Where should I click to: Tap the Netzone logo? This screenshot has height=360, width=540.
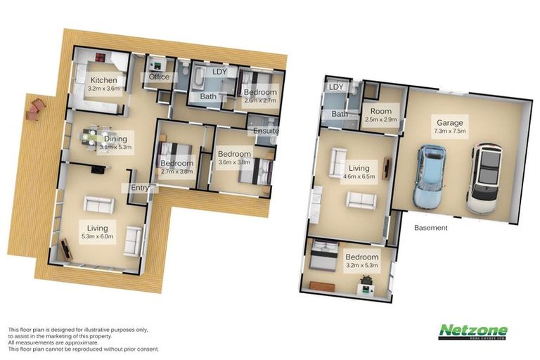pyautogui.click(x=473, y=332)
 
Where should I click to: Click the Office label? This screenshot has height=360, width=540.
pyautogui.click(x=159, y=77)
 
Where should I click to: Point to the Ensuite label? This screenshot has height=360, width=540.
pyautogui.click(x=266, y=131)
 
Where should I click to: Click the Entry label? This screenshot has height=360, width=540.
pyautogui.click(x=138, y=188)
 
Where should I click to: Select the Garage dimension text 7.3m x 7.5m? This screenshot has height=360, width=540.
pyautogui.click(x=451, y=131)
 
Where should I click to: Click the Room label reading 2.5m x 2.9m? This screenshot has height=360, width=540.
pyautogui.click(x=382, y=120)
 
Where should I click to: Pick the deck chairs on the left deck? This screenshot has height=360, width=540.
pyautogui.click(x=34, y=109)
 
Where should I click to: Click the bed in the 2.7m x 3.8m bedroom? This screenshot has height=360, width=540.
pyautogui.click(x=174, y=154)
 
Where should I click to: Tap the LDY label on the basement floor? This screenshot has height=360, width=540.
pyautogui.click(x=335, y=87)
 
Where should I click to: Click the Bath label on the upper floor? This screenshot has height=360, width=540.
pyautogui.click(x=208, y=96)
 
